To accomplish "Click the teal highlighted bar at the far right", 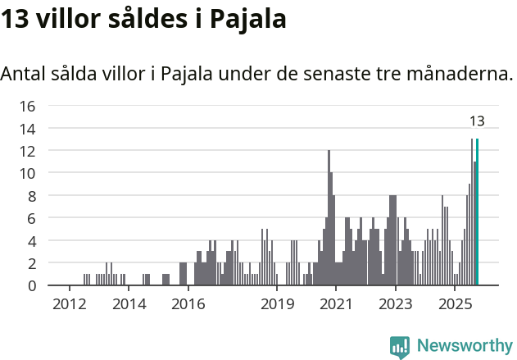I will coord(478,212).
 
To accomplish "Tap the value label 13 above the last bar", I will coord(477,121).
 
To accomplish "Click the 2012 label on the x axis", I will coord(70,304).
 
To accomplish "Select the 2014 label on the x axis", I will coord(129,304).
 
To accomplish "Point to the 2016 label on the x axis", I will coord(188,304).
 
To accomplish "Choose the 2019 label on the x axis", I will coord(277,304).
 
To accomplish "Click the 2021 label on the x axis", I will coord(336,304).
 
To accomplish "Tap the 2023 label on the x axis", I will coord(396,304).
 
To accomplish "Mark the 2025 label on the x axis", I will coord(455,304).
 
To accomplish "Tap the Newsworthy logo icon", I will coord(400,347).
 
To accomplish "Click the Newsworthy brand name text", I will coord(465,346).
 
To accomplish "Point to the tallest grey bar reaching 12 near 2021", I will coord(329,218).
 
